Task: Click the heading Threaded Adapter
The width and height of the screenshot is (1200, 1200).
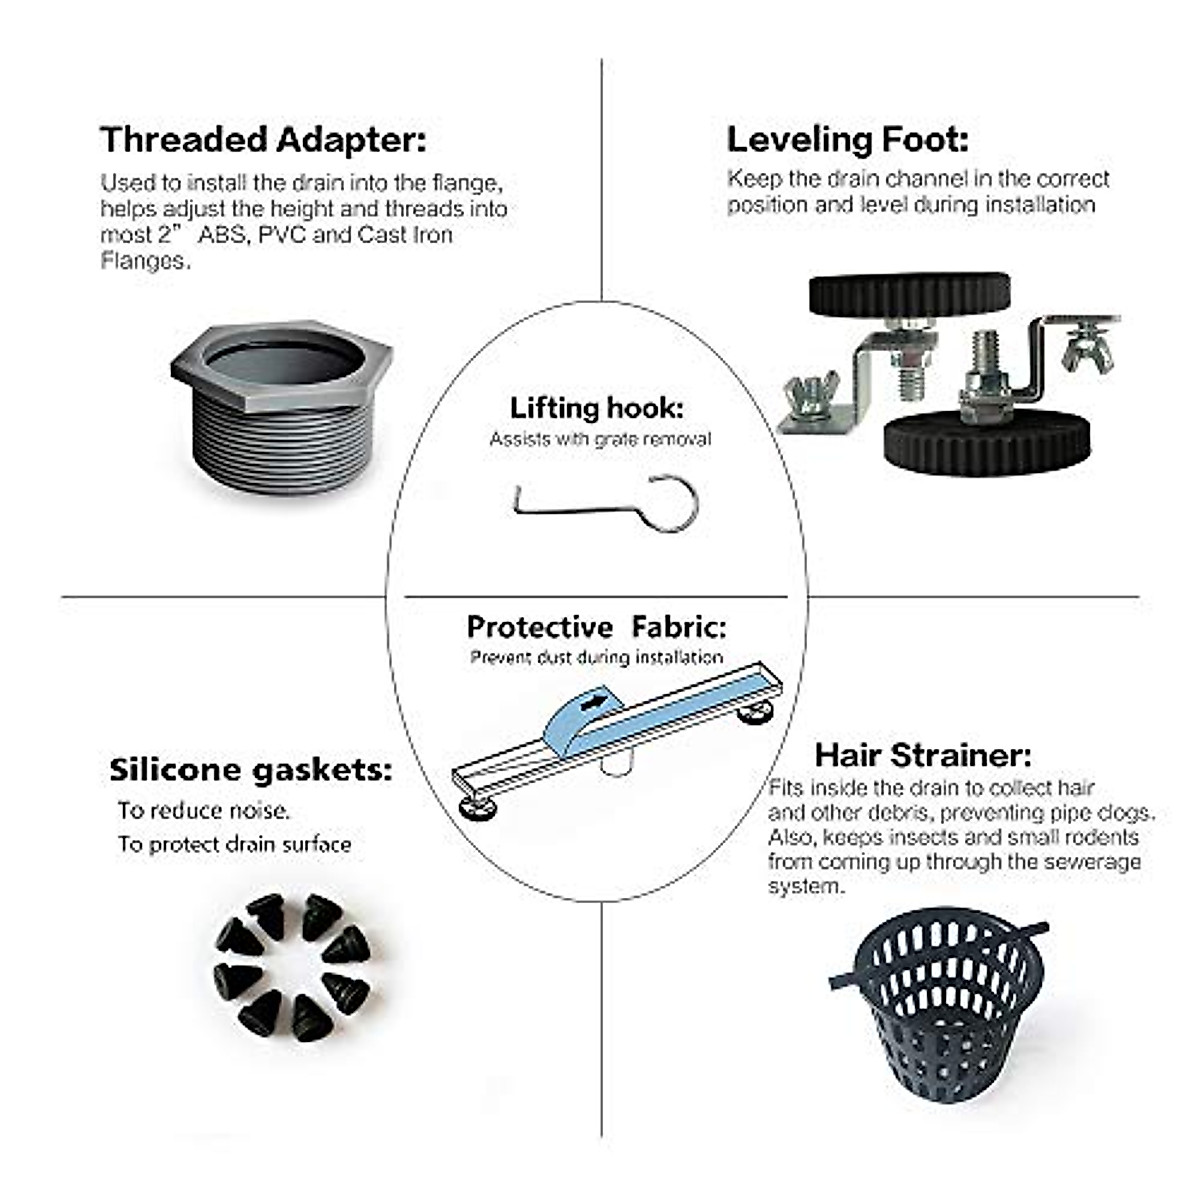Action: click(x=263, y=139)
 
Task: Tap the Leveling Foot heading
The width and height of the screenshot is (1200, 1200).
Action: click(x=847, y=139)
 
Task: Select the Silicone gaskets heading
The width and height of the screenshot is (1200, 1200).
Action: click(x=250, y=770)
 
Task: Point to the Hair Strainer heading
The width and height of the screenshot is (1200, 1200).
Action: click(x=923, y=754)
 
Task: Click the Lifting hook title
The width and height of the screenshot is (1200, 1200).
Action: click(x=597, y=408)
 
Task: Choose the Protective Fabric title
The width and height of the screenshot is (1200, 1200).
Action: click(x=596, y=627)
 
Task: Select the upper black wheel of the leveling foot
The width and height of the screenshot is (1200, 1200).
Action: click(x=909, y=294)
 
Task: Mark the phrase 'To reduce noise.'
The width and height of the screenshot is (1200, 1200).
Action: click(x=204, y=810)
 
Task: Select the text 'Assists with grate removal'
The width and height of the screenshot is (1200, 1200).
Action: click(x=600, y=439)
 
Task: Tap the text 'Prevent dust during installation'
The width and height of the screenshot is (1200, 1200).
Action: click(x=596, y=657)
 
